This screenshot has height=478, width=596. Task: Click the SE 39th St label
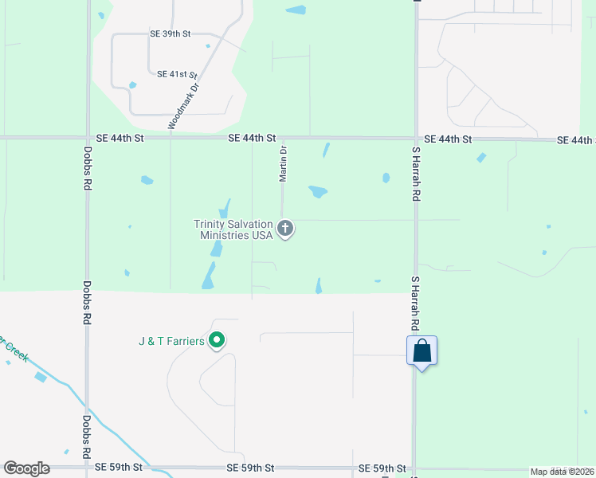pos(171,34)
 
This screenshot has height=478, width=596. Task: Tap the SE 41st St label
pos(177,74)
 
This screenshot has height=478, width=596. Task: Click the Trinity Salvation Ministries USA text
pos(233,229)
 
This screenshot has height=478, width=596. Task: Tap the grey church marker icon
pos(285,229)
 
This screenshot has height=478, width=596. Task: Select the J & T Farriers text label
pos(171,343)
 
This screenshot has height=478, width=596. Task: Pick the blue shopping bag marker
pos(422,351)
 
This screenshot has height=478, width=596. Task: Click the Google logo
pos(26,468)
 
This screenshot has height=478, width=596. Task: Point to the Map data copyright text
pos(562,472)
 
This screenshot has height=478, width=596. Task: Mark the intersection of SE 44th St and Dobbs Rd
pos(87,138)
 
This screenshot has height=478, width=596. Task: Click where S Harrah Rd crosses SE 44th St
pos(415,139)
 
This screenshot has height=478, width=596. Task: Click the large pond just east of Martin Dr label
pos(318,192)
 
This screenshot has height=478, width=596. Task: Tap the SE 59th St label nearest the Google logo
pos(119,467)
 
